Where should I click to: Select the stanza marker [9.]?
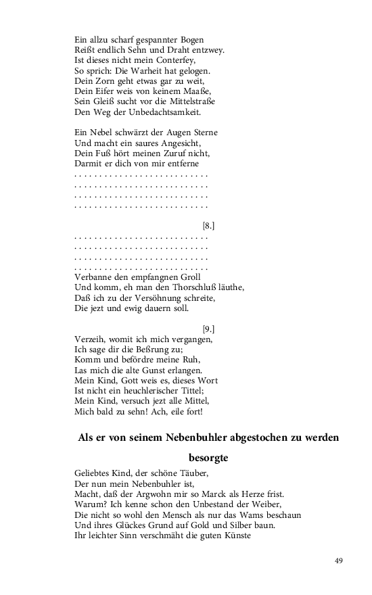click(x=208, y=329)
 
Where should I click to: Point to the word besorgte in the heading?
click(x=209, y=458)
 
